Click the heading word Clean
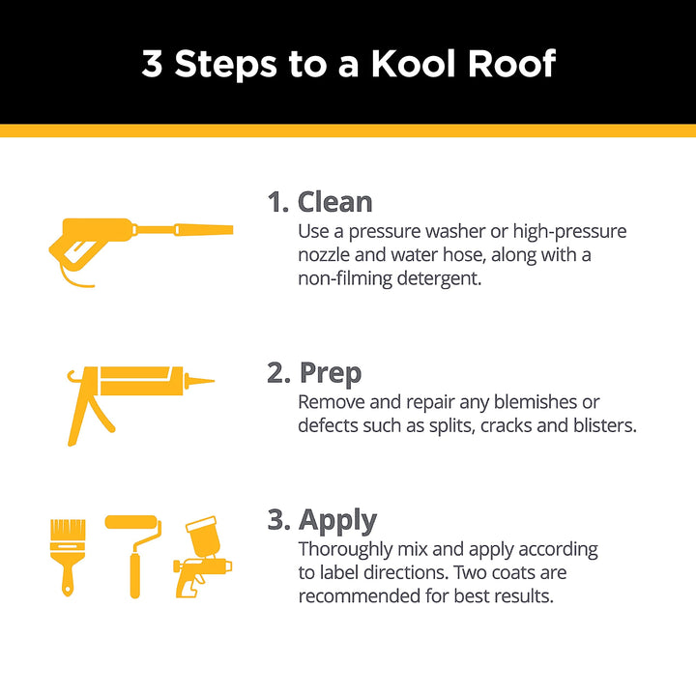coord(334,202)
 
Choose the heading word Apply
coord(337,520)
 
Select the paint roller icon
coord(134,551)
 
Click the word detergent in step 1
coord(435,278)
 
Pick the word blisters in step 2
coord(600,425)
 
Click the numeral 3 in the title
coord(152,64)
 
